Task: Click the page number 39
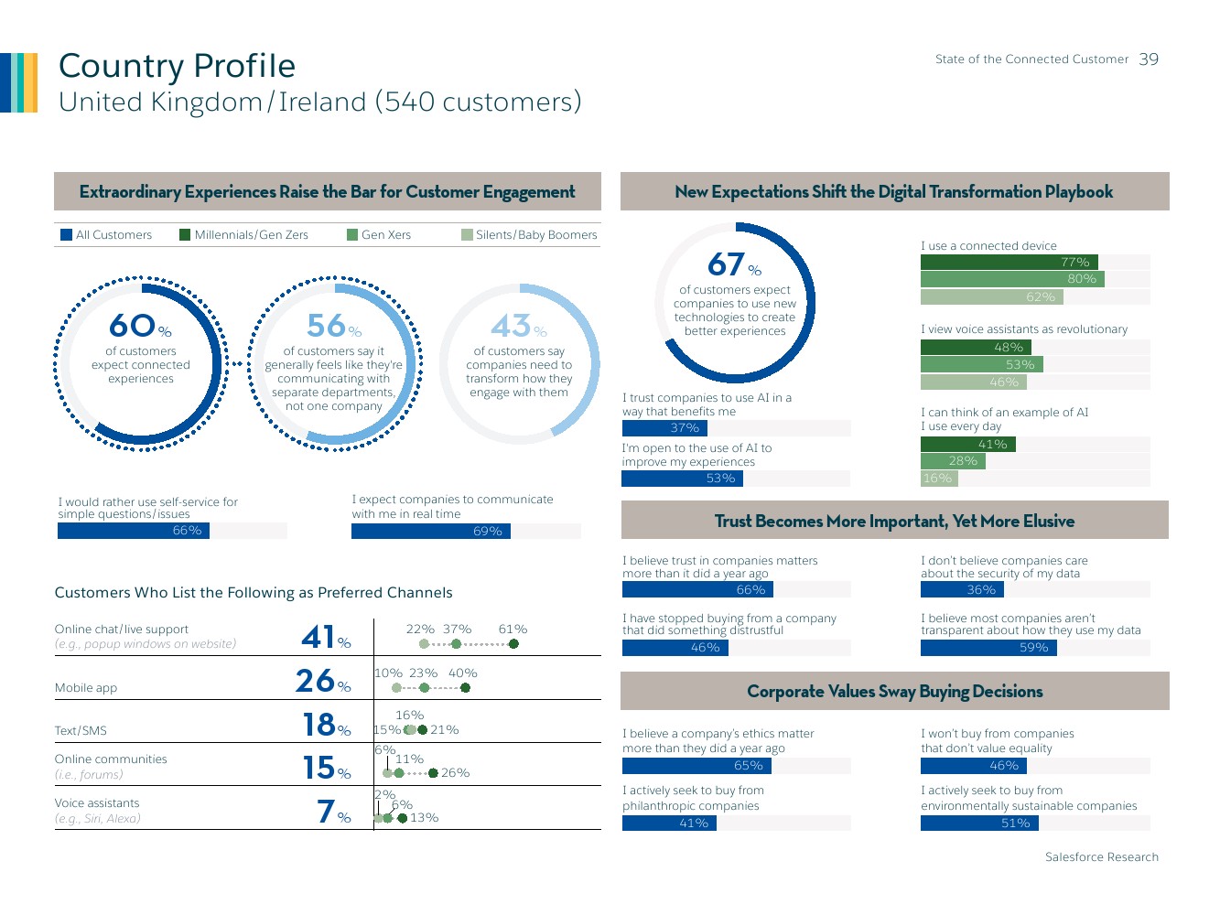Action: click(x=1149, y=59)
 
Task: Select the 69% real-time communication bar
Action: click(x=430, y=532)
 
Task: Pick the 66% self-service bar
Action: click(x=134, y=531)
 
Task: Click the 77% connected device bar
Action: click(x=1009, y=263)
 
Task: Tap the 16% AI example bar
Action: click(x=938, y=479)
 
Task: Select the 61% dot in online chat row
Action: click(x=513, y=644)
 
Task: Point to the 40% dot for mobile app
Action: click(x=465, y=688)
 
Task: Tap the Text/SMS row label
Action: click(x=81, y=731)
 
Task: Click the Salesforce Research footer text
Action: click(x=1101, y=857)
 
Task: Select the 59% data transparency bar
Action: click(x=988, y=648)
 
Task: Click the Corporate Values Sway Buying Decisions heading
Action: click(x=894, y=692)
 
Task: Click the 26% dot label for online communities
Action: click(x=455, y=773)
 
